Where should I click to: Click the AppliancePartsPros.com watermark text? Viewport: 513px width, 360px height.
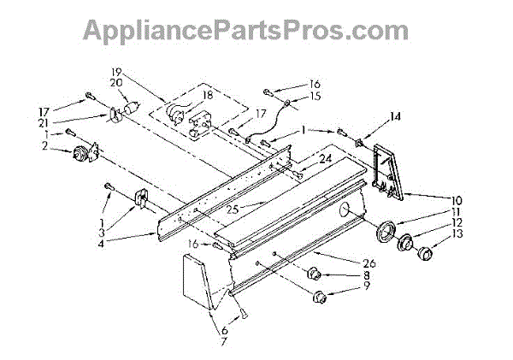(x=245, y=31)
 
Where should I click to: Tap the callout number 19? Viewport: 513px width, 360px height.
(x=116, y=72)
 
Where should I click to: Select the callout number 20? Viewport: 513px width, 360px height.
(x=116, y=82)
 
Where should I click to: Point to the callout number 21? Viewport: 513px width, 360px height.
(x=44, y=123)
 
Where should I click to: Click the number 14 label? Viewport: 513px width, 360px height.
(x=395, y=116)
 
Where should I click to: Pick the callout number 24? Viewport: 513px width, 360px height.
(x=326, y=159)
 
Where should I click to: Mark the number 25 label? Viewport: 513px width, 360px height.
(x=233, y=209)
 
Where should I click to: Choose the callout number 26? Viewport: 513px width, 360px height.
(x=369, y=263)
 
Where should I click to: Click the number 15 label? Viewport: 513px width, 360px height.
(x=315, y=97)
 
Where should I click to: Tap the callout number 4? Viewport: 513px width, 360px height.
(x=102, y=244)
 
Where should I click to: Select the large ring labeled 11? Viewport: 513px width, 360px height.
(x=386, y=232)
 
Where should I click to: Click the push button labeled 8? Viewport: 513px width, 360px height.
(x=314, y=273)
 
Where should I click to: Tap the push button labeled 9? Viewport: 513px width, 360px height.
(x=319, y=297)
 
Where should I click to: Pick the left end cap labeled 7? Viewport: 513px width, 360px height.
(x=198, y=282)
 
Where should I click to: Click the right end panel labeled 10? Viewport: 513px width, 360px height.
(x=388, y=172)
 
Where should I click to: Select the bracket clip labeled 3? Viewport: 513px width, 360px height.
(x=141, y=198)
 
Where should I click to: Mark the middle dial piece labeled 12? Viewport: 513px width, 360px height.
(x=405, y=244)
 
